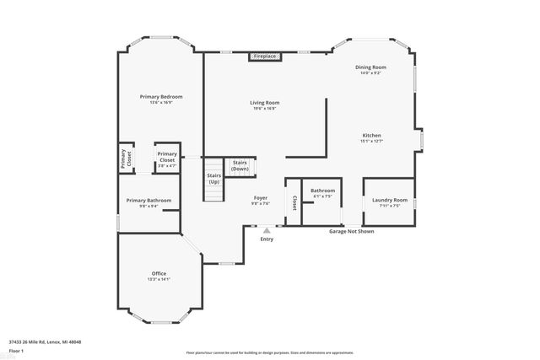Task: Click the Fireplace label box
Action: (266, 56)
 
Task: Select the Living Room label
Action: (263, 103)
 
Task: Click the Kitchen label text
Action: (372, 136)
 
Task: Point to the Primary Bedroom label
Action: (160, 97)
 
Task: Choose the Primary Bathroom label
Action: (148, 200)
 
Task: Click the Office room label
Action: (159, 274)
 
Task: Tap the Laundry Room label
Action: (389, 200)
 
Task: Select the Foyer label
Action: (261, 198)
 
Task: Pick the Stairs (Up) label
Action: (213, 179)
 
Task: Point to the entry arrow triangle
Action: (267, 228)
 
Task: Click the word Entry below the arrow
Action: (267, 239)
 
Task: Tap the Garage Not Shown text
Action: (351, 230)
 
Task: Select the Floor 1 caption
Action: (16, 350)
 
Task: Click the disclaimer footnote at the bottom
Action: (269, 352)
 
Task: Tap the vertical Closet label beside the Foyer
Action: (294, 202)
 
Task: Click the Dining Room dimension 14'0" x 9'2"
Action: (370, 73)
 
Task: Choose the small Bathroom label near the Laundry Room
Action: (322, 191)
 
